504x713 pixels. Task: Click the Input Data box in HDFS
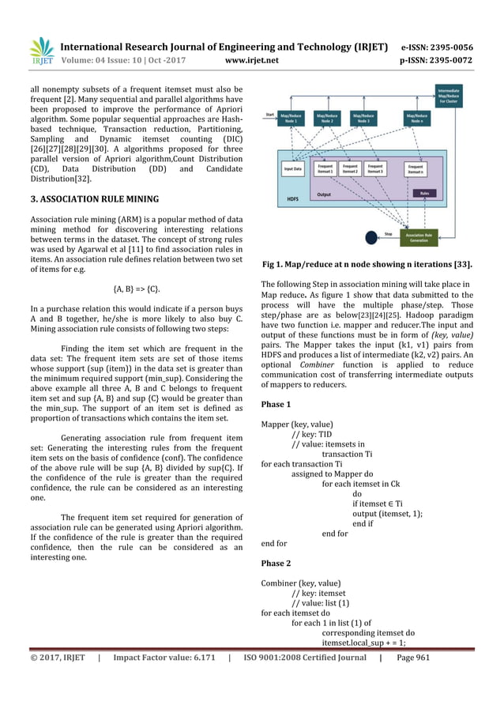pos(293,168)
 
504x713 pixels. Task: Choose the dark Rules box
pos(425,192)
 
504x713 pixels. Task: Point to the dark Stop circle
pos(368,236)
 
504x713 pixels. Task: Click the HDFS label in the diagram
pos(293,199)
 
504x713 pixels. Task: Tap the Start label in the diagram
pos(269,113)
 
